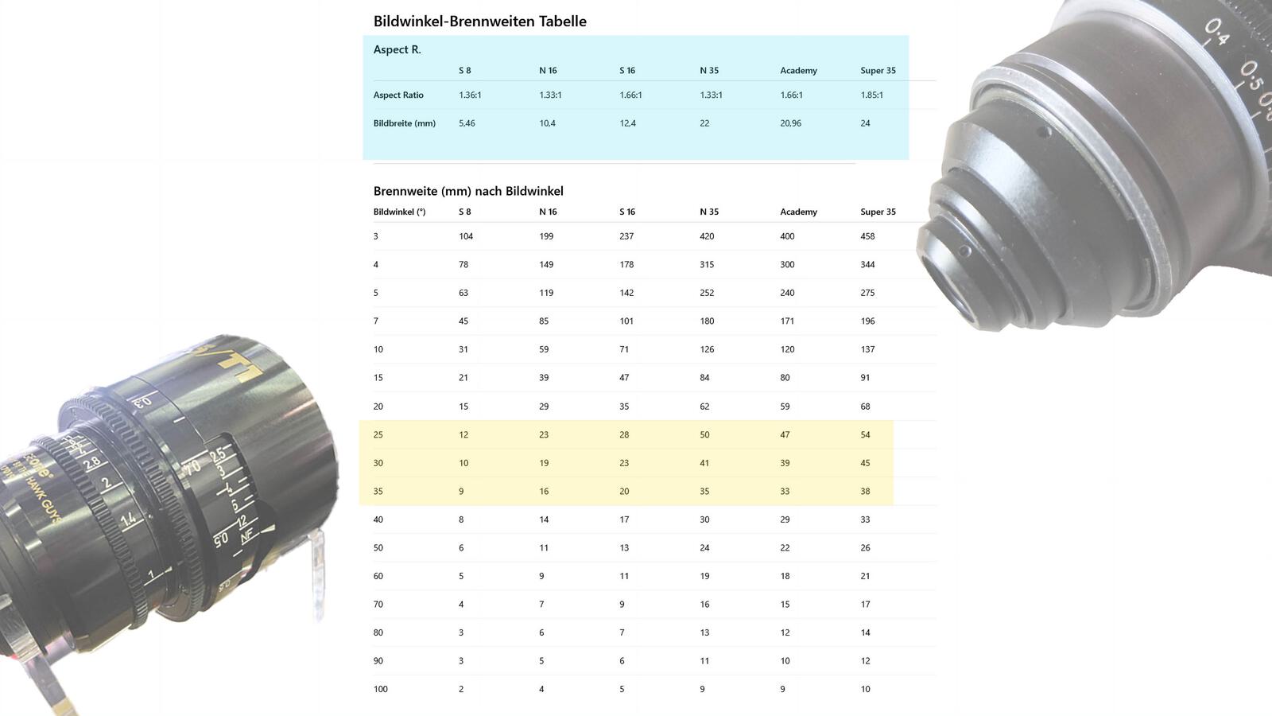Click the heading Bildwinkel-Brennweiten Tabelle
480,21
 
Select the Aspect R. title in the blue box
397,49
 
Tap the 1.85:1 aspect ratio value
871,95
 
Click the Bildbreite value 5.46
467,123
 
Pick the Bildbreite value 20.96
790,123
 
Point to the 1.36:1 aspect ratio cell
470,95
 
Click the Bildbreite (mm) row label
405,123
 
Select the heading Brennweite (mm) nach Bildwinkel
468,191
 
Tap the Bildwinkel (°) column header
399,212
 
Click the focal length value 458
867,236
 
